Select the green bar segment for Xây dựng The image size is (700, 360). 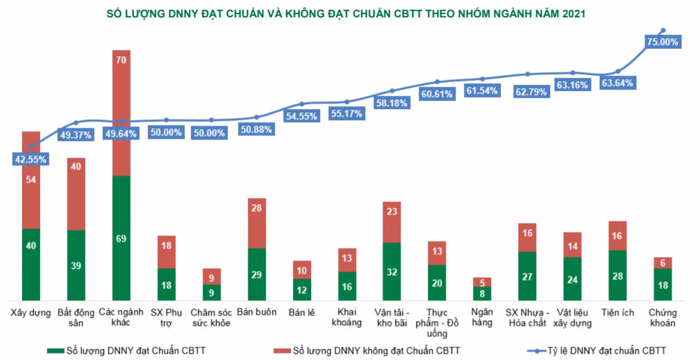coord(31,264)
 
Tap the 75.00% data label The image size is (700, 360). coord(662,42)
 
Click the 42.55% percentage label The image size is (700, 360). coord(31,159)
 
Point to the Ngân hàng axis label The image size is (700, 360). coord(482,317)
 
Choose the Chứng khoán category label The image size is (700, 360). coord(662,318)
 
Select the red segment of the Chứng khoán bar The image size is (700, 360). coord(662,262)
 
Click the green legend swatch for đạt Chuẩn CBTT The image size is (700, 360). coord(55,351)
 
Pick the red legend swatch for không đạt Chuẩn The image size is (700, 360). coord(281,351)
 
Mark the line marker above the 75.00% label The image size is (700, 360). coord(663,30)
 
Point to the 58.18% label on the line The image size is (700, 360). coord(392,103)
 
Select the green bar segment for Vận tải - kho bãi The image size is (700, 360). coord(392,271)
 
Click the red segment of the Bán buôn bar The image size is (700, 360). coord(257,223)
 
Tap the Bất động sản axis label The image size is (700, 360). coord(76,317)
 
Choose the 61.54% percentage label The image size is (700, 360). coord(482,91)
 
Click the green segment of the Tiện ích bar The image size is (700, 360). coord(618,275)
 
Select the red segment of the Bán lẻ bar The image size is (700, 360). coord(302,269)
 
